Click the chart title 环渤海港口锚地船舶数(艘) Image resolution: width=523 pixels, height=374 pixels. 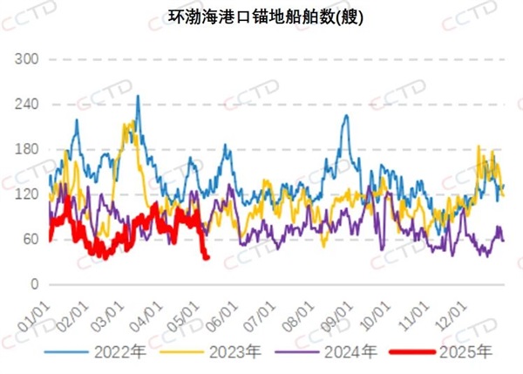pyautogui.click(x=261, y=15)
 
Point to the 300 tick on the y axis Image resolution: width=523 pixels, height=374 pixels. pyautogui.click(x=29, y=59)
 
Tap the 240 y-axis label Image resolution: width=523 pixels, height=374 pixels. pyautogui.click(x=29, y=105)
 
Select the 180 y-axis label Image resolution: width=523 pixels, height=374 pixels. pyautogui.click(x=29, y=149)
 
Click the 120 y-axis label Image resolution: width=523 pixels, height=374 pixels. pyautogui.click(x=29, y=194)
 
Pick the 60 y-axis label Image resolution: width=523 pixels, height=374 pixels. pyautogui.click(x=32, y=239)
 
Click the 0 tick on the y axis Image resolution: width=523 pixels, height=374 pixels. pyautogui.click(x=36, y=284)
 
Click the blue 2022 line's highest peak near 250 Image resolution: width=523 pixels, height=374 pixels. pyautogui.click(x=138, y=97)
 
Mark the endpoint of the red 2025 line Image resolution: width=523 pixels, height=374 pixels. pyautogui.click(x=207, y=257)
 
